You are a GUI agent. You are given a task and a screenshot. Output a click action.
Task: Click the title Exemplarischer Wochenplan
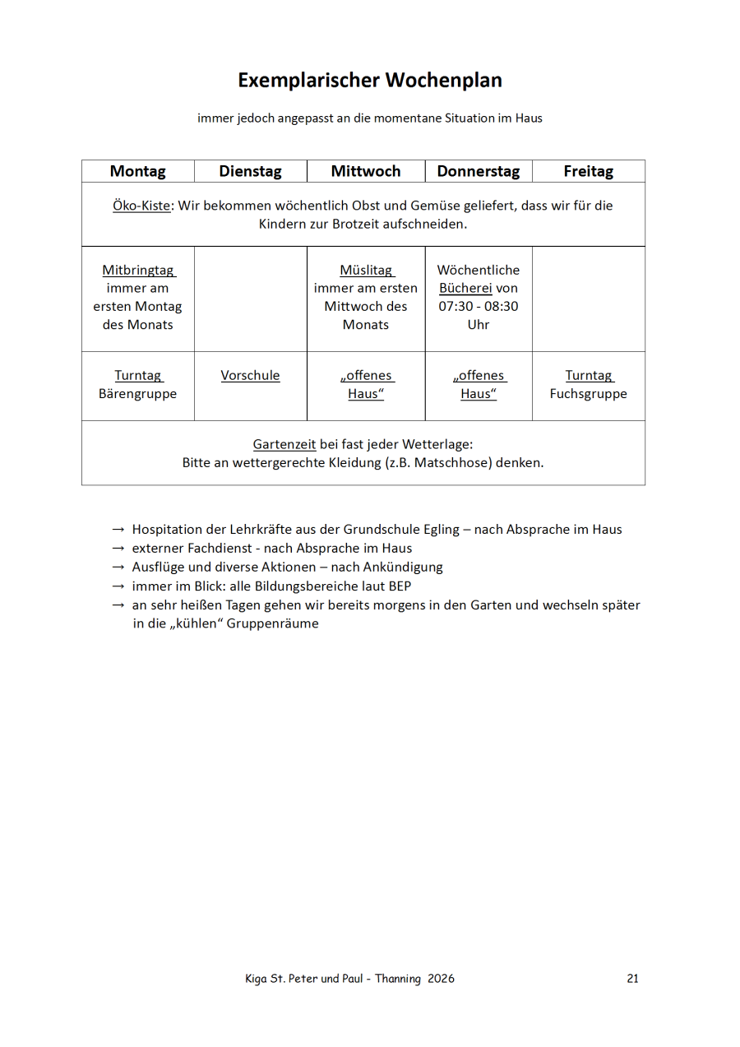tap(370, 81)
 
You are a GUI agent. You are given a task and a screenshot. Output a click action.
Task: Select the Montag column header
tap(137, 171)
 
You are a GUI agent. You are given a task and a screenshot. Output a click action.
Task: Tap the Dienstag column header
tap(250, 171)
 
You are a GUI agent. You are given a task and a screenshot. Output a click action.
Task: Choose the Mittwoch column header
tap(366, 171)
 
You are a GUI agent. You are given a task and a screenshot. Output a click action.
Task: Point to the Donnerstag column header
tap(479, 171)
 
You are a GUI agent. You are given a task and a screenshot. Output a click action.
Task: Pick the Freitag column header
tap(589, 171)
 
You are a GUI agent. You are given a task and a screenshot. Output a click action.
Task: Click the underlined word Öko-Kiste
tap(141, 206)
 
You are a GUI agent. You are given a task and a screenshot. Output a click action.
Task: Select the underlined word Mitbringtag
tap(138, 270)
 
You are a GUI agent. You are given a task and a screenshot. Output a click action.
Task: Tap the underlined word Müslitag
tap(366, 270)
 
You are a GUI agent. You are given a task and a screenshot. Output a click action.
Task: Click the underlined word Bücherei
tap(465, 288)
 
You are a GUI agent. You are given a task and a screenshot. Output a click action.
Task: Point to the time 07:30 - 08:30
tap(479, 306)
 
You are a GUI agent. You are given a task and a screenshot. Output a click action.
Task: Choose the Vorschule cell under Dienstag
tap(250, 375)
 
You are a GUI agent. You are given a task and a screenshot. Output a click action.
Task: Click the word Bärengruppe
tap(137, 393)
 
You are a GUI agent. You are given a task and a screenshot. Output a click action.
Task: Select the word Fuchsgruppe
tap(589, 393)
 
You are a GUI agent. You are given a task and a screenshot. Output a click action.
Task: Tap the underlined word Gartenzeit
tap(284, 444)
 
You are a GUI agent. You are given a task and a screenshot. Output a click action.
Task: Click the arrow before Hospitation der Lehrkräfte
tap(118, 530)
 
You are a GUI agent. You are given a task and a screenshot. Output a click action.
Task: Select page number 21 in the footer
tap(632, 979)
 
